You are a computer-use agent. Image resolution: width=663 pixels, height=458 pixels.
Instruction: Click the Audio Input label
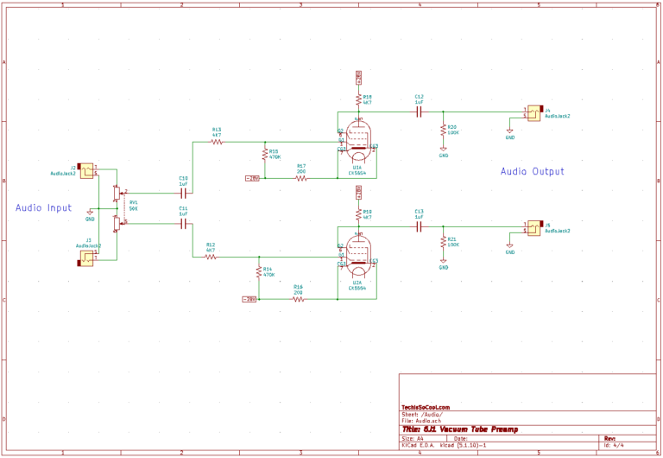[44, 208]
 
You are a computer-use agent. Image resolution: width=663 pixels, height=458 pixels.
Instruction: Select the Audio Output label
[532, 172]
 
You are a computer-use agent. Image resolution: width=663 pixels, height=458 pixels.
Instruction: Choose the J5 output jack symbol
[534, 228]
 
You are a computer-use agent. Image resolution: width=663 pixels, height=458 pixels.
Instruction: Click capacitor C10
[183, 192]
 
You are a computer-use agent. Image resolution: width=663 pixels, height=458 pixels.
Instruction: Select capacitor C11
[183, 224]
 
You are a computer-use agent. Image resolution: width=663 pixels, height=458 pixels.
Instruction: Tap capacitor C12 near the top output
[419, 111]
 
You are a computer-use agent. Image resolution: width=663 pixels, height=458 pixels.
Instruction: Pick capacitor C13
[419, 226]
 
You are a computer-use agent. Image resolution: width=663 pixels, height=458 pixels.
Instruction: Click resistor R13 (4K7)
[217, 141]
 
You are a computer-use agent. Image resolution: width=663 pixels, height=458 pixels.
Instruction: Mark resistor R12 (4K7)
[211, 257]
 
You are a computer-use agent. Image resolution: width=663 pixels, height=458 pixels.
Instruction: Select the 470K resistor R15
[265, 155]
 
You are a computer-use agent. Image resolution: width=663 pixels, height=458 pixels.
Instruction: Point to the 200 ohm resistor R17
[300, 178]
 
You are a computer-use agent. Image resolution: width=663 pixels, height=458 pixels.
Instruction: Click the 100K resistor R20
[444, 130]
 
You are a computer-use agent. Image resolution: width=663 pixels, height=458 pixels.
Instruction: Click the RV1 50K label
[134, 206]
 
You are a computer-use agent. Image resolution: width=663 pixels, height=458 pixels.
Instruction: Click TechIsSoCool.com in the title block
[426, 408]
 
